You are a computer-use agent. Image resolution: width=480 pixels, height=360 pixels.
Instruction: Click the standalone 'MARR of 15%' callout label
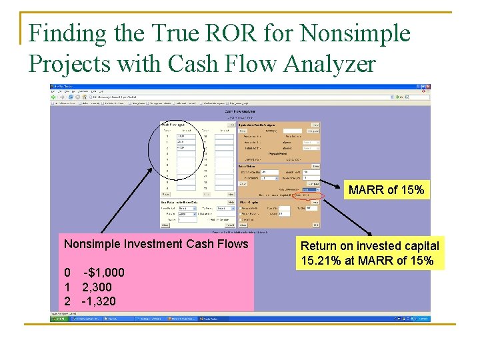[x=386, y=190]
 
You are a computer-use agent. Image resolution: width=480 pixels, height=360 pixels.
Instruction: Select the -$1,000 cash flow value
[x=103, y=273]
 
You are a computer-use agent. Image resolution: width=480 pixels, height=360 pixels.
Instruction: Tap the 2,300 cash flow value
[x=97, y=287]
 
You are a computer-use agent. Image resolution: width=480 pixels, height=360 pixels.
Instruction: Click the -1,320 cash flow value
[x=98, y=301]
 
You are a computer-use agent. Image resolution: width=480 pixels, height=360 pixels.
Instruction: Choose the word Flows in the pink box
[x=233, y=244]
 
